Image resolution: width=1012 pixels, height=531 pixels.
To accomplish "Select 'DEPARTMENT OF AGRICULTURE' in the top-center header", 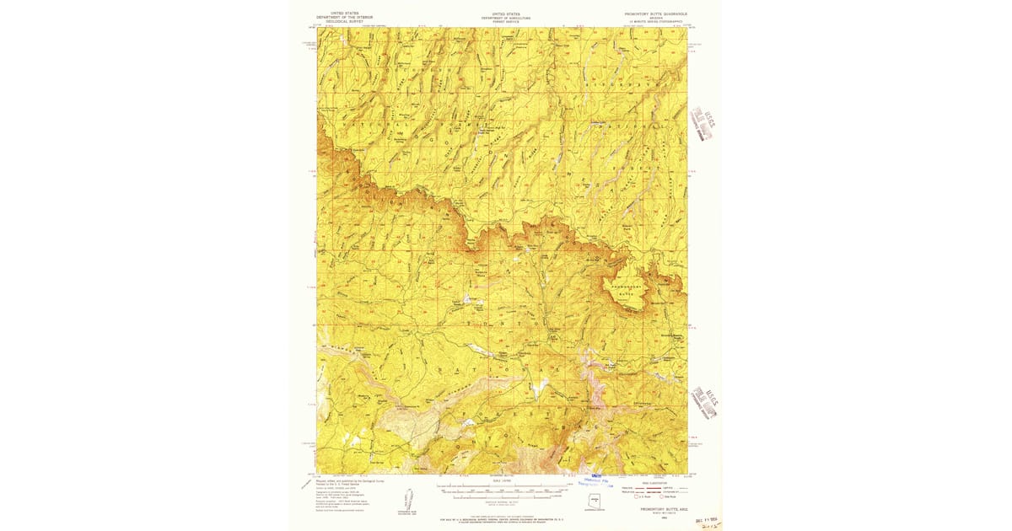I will tap(506, 17).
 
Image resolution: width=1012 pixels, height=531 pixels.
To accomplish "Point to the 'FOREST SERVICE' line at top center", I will tap(506, 21).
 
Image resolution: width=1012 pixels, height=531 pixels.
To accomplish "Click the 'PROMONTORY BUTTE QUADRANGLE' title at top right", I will tap(656, 13).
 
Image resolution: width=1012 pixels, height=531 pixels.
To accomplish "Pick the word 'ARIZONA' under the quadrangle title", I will tap(656, 18).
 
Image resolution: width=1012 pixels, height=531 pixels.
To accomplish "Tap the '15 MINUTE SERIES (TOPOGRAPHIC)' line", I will tap(656, 22).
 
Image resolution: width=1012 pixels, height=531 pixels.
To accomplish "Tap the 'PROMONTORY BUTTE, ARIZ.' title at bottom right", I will tap(655, 509).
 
